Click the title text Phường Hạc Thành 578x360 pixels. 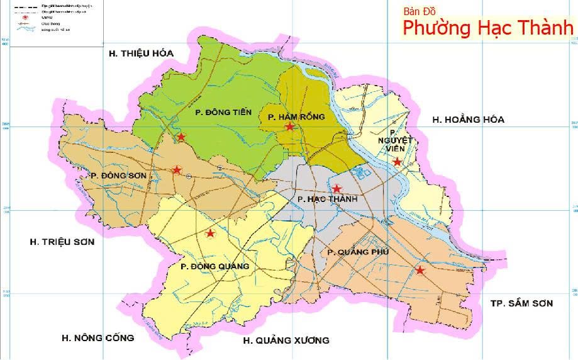click(488, 28)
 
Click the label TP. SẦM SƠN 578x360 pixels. click(521, 303)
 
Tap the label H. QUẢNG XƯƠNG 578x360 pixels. click(286, 340)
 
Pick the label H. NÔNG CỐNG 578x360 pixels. click(97, 338)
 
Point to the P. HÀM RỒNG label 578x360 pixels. click(289, 117)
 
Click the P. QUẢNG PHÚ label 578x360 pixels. click(358, 252)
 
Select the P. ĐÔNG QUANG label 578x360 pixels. click(214, 266)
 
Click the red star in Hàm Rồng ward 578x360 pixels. click(289, 127)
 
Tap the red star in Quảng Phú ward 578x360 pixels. click(420, 271)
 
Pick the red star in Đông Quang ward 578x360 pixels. click(210, 233)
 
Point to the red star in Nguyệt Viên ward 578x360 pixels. click(397, 162)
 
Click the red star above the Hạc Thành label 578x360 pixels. click(336, 189)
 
